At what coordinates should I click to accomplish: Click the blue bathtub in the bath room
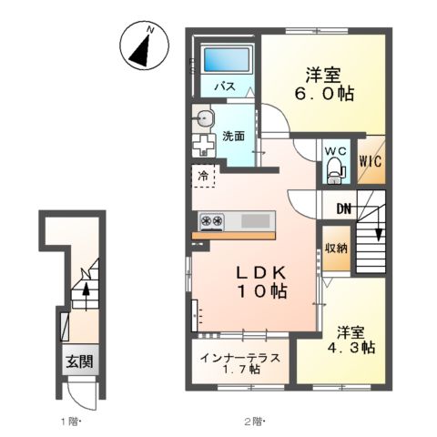pyautogui.click(x=227, y=61)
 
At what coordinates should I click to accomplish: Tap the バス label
pyautogui.click(x=223, y=86)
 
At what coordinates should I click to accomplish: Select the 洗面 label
pyautogui.click(x=233, y=137)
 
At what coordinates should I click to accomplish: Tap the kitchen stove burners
pyautogui.click(x=212, y=220)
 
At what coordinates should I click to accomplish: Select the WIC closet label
pyautogui.click(x=369, y=162)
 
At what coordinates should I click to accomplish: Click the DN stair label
pyautogui.click(x=343, y=209)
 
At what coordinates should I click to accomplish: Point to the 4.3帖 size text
pyautogui.click(x=354, y=348)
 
